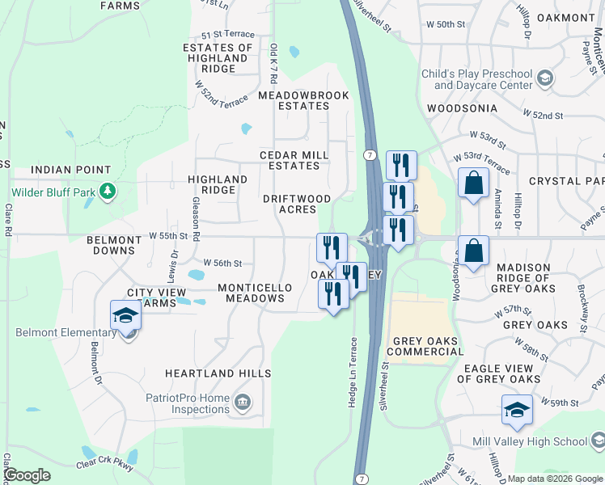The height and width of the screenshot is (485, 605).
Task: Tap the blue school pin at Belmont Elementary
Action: [x=125, y=314]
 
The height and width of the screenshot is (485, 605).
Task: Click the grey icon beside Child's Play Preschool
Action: [x=545, y=78]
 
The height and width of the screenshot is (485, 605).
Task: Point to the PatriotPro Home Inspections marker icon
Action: [x=242, y=403]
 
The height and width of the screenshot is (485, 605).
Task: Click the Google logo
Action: [x=27, y=475]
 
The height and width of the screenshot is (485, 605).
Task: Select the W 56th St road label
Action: [x=223, y=264]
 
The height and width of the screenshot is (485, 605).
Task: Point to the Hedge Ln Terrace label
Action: [x=353, y=372]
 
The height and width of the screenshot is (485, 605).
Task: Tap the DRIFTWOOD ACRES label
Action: [x=297, y=204]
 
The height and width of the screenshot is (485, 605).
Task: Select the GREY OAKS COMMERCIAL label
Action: [x=428, y=346]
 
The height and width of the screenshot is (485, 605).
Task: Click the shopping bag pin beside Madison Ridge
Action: [x=474, y=251]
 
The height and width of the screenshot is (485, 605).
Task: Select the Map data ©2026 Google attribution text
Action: [x=554, y=479]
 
